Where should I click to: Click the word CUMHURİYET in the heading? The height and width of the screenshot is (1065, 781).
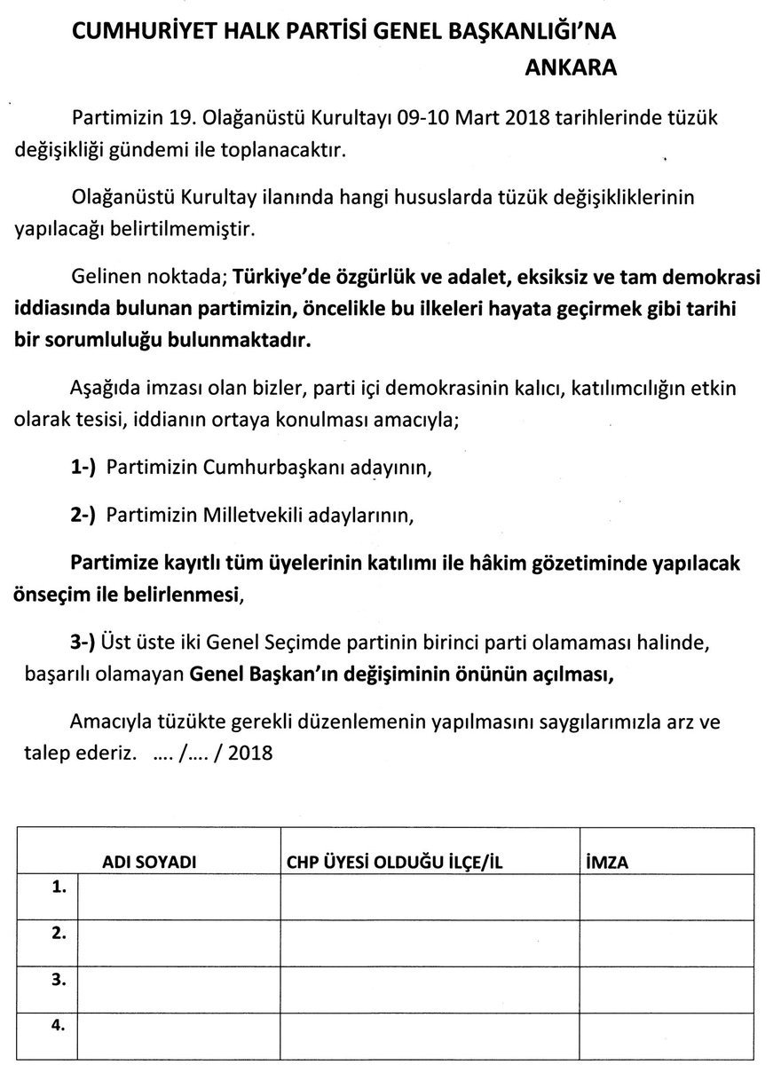[140, 33]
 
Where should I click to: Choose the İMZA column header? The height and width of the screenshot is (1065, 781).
[608, 862]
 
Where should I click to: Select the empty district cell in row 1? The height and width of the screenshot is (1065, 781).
[430, 899]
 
